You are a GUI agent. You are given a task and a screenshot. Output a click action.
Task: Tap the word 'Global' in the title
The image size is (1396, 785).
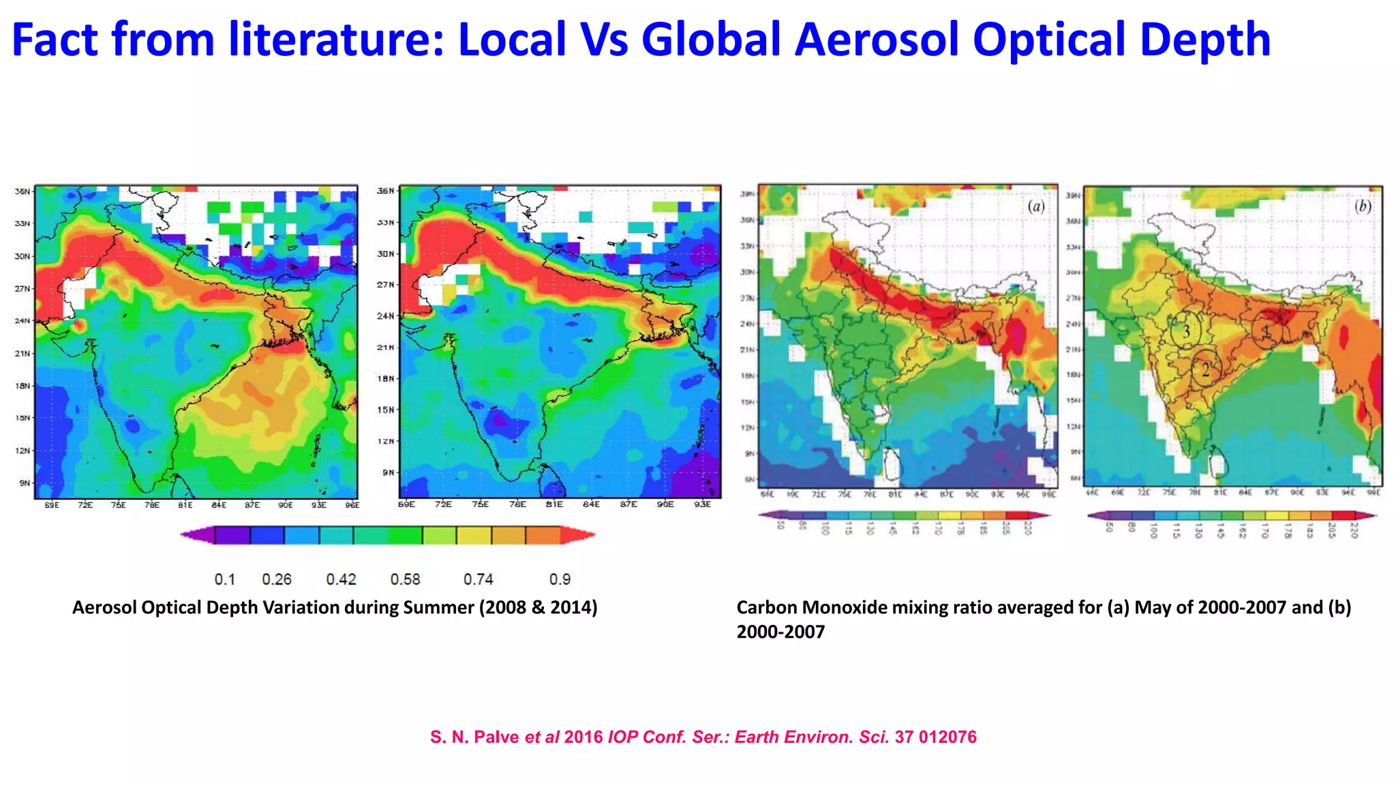[x=711, y=40]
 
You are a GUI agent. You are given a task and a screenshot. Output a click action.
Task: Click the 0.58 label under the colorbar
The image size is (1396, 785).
[x=405, y=579]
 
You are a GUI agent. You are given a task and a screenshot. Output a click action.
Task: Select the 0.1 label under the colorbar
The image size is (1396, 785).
[x=224, y=579]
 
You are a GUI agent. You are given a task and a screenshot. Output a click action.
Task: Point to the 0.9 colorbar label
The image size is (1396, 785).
[x=560, y=579]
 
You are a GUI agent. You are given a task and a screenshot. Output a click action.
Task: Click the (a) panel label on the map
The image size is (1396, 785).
[x=1035, y=206]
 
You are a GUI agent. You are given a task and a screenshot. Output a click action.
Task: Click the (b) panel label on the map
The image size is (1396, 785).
[x=1362, y=206]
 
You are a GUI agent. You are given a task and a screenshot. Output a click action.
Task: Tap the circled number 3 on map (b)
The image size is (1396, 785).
[x=1186, y=331]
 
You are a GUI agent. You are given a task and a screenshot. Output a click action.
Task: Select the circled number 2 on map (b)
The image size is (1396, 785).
[x=1206, y=370]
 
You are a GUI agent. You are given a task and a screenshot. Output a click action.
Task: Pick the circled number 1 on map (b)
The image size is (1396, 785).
[x=1266, y=332]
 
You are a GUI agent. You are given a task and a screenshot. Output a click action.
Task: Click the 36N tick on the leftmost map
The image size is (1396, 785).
[x=22, y=191]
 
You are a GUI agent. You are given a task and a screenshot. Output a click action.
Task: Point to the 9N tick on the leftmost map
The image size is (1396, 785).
[x=25, y=483]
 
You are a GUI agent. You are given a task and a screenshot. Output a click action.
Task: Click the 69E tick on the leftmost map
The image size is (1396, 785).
[x=52, y=505]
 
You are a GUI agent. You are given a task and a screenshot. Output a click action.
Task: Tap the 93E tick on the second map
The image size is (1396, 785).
[x=702, y=504]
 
